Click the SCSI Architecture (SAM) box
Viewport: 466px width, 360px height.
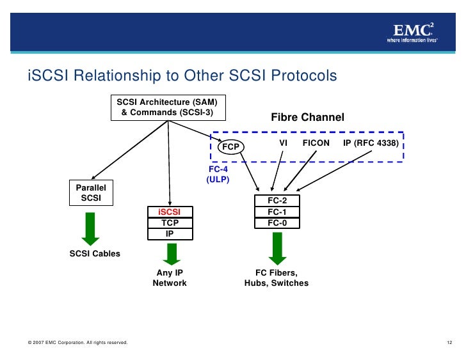[x=168, y=107]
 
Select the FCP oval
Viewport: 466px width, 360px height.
[x=230, y=147]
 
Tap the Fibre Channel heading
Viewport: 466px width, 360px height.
[x=307, y=118]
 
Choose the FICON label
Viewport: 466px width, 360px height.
[x=316, y=143]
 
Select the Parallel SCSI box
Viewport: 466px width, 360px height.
[x=91, y=193]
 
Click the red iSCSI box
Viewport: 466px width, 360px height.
[x=170, y=212]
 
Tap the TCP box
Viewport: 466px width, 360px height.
[x=170, y=223]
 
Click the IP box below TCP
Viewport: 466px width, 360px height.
[x=170, y=233]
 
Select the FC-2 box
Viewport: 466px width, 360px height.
[x=277, y=201]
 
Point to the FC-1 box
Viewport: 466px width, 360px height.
[x=277, y=212]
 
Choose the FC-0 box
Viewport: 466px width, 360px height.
[x=277, y=223]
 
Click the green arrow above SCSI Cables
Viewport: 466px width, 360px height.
[x=91, y=228]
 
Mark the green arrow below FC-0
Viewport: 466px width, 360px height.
[x=277, y=247]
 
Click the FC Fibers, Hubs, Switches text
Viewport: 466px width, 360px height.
[x=277, y=278]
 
